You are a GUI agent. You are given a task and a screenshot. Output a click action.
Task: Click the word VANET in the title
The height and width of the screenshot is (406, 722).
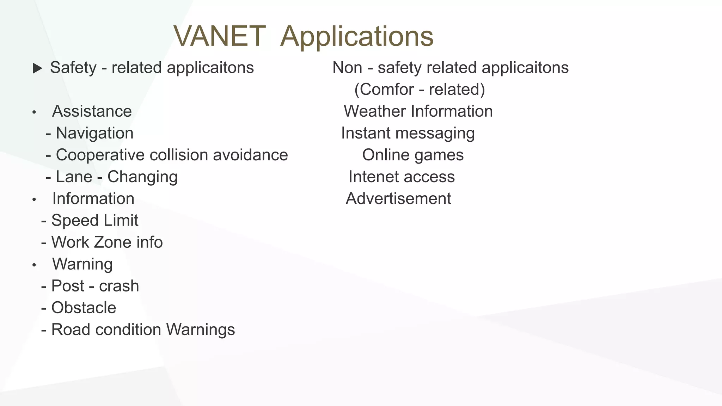click(219, 36)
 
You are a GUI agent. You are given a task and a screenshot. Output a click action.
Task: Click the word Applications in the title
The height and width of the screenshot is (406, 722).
click(356, 36)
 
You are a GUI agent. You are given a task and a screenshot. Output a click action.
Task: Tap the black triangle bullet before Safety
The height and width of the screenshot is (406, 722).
click(37, 68)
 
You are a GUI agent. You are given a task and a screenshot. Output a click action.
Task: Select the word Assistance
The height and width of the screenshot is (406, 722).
click(92, 111)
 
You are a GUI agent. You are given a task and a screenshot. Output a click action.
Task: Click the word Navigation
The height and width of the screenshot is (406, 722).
click(94, 133)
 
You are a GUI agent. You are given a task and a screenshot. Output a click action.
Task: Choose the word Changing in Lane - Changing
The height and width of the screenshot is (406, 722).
click(142, 177)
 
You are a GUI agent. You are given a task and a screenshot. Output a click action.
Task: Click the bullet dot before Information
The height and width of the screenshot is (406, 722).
click(34, 200)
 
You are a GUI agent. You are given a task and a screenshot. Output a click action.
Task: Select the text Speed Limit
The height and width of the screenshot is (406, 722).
click(94, 221)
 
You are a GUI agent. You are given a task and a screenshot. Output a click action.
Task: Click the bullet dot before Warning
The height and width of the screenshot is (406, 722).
click(34, 265)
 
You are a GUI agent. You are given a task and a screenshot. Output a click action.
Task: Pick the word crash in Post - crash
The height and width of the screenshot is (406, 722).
click(119, 286)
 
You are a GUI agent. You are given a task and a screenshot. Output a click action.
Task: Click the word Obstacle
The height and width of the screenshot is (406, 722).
click(84, 308)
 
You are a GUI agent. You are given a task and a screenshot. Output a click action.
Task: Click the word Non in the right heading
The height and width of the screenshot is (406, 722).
click(347, 68)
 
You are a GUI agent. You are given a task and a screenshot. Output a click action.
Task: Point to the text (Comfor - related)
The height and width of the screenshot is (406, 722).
click(420, 90)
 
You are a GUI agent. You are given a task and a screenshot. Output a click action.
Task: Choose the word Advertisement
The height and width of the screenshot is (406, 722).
click(398, 199)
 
